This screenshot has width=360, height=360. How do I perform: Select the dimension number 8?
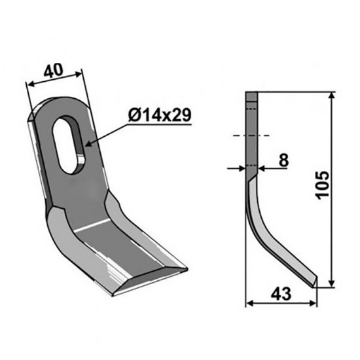pyautogui.click(x=283, y=159)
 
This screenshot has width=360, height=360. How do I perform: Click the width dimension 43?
pyautogui.click(x=280, y=294)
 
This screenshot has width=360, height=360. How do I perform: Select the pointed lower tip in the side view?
pyautogui.click(x=315, y=284)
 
